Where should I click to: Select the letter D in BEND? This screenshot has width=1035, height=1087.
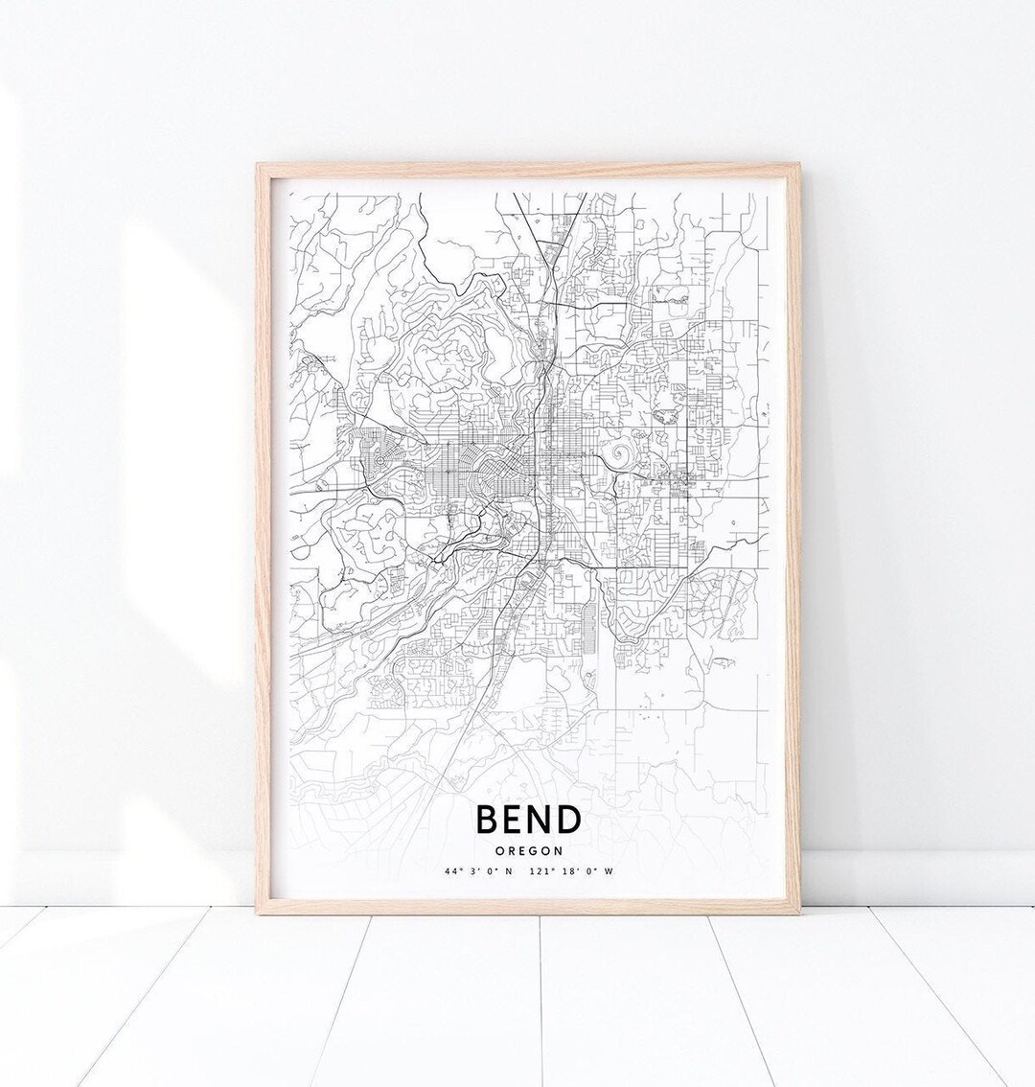567,821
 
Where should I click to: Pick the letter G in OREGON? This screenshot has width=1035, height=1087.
532,849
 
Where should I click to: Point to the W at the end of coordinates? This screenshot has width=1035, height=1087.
608,871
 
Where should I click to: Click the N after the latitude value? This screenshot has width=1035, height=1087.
508,871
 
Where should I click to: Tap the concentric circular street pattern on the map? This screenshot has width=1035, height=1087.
380,461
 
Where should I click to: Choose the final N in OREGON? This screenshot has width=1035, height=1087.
557,849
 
